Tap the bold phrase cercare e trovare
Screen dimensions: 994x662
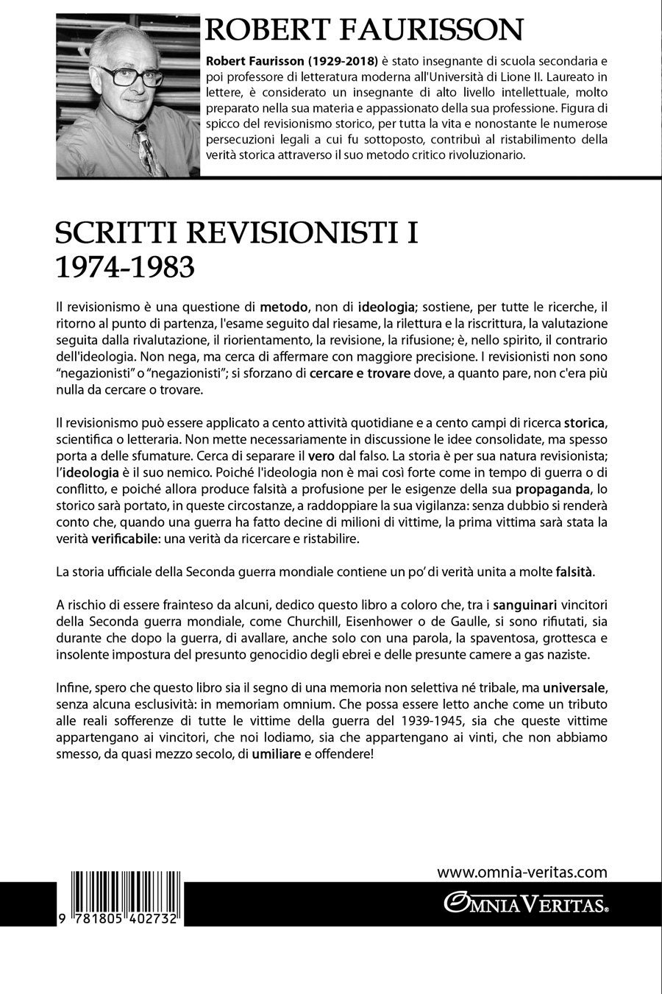tap(360, 374)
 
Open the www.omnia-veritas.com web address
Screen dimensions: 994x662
tap(522, 873)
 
